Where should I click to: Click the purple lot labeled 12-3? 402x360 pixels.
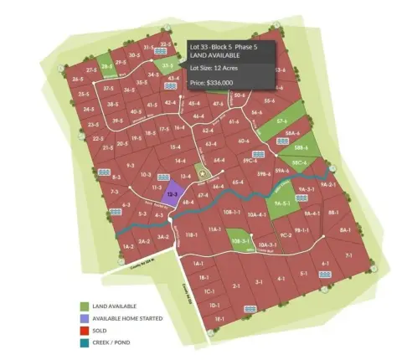(x=171, y=194)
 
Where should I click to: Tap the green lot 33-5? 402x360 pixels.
(x=168, y=64)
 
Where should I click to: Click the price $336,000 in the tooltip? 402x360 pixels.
(x=212, y=83)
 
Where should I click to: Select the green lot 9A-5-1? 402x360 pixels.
(x=281, y=202)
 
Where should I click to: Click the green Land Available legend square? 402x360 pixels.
(x=85, y=306)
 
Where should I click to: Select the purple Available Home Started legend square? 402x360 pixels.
(x=85, y=318)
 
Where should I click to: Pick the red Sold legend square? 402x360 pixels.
(x=85, y=330)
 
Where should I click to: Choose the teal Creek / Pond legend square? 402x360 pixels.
(x=85, y=342)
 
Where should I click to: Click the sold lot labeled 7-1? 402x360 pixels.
(x=348, y=254)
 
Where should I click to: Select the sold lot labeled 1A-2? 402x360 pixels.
(x=127, y=247)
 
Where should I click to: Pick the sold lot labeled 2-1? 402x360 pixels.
(x=236, y=285)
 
